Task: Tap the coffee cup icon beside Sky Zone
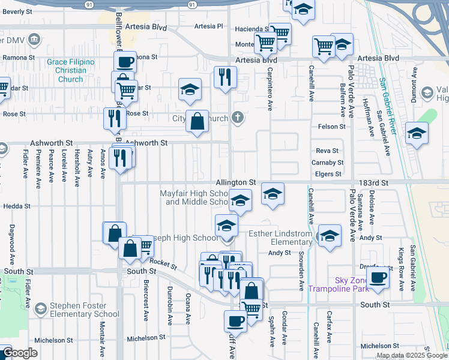click(378, 278)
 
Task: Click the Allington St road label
click(237, 182)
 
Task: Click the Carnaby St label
click(327, 163)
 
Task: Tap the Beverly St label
click(17, 11)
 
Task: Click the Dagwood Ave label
click(11, 245)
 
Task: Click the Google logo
click(20, 353)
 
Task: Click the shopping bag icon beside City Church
click(196, 121)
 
